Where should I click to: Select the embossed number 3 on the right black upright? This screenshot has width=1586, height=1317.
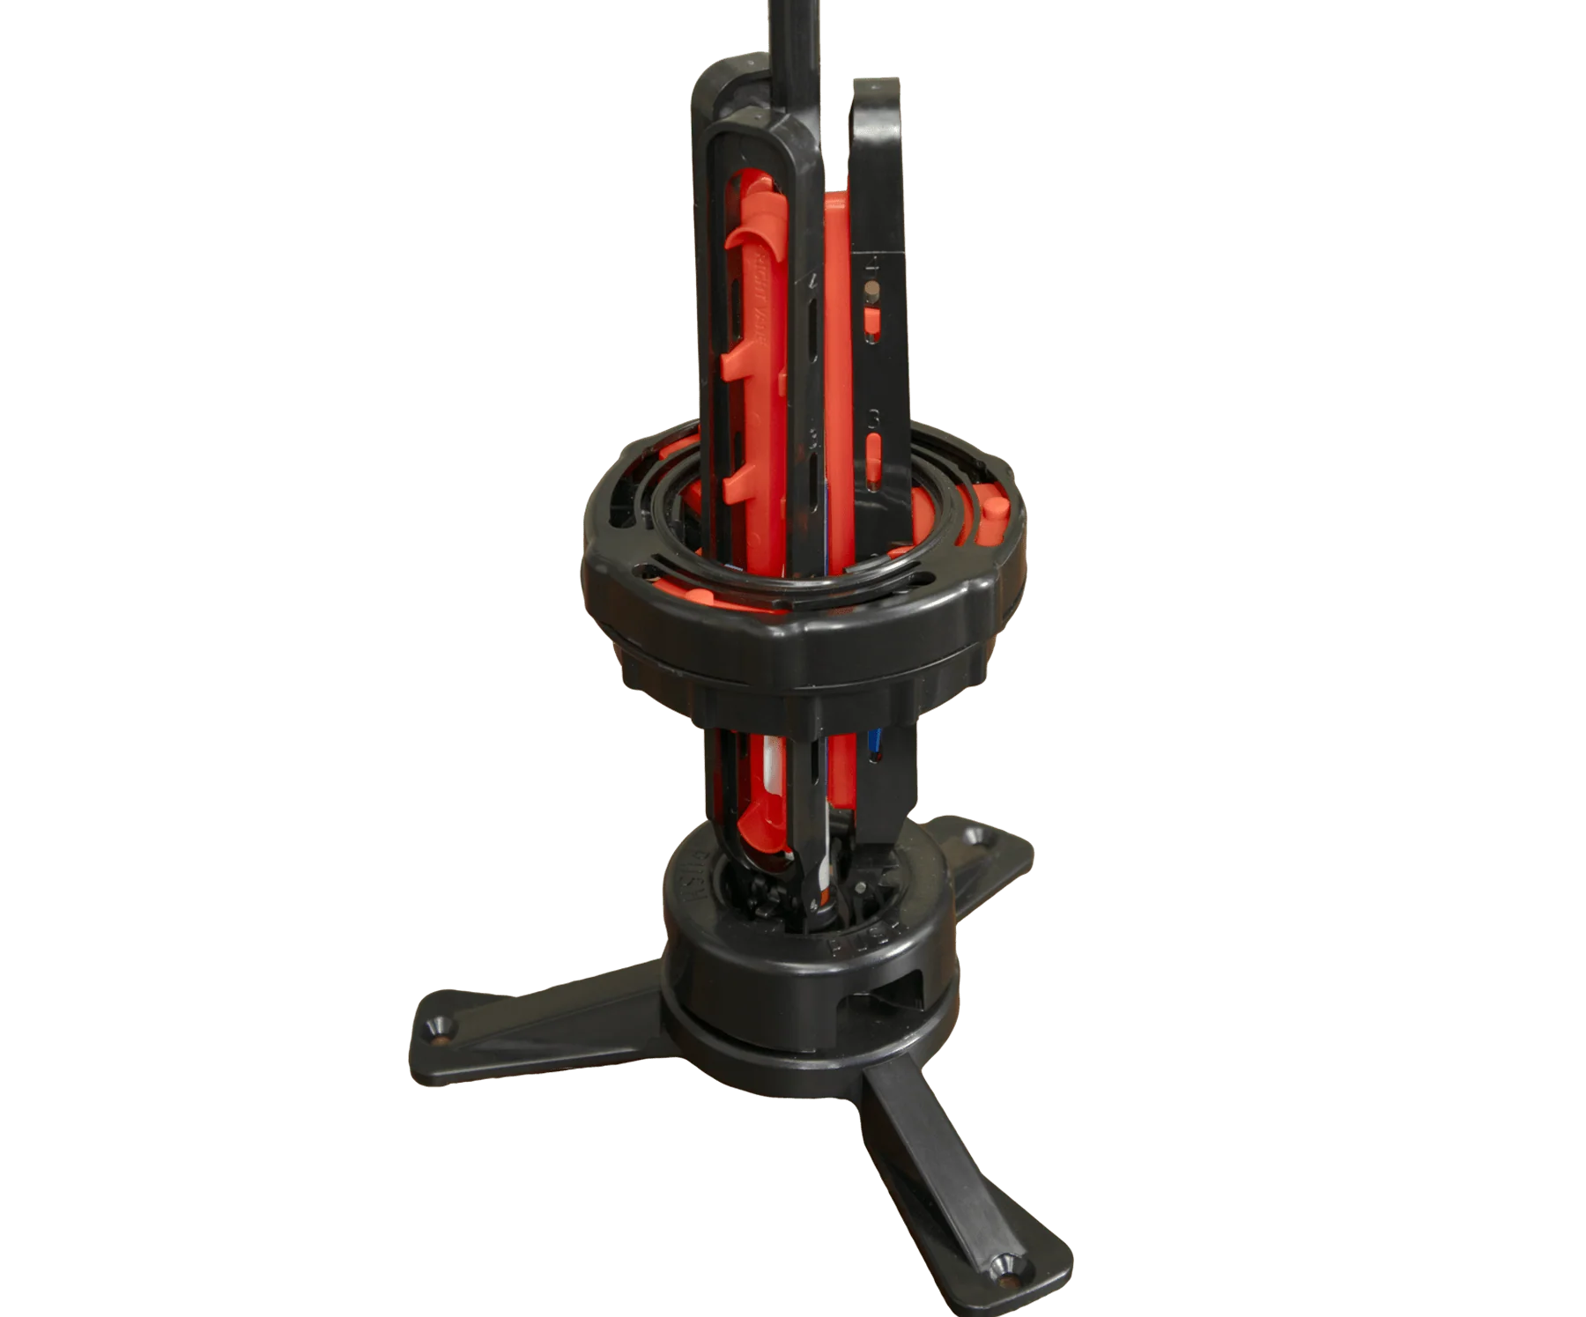872,414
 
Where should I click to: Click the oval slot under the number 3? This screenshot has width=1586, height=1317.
874,445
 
